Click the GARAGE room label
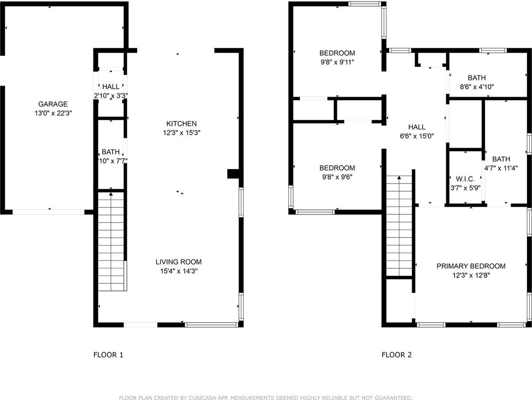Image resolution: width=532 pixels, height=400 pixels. coord(53,104)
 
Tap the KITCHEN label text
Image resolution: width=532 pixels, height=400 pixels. coord(182,124)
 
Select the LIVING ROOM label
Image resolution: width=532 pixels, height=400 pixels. coord(179,262)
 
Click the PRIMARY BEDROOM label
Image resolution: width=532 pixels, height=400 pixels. coord(471,266)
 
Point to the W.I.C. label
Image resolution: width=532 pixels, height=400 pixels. coord(465,179)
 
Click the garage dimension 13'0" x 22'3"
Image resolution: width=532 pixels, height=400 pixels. coord(53,113)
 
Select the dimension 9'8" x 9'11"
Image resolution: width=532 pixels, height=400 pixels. coord(337,62)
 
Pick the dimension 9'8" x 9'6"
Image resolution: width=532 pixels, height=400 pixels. coord(337,177)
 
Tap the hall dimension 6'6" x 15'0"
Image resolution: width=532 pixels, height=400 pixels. coord(416,136)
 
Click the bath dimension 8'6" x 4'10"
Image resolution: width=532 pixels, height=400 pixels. coord(477,87)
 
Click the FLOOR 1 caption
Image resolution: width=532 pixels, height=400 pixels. coord(108,355)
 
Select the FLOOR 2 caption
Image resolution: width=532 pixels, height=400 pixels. coord(396,355)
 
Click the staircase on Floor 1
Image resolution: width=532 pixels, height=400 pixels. coord(111,242)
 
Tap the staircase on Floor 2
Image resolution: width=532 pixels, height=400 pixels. coord(399,227)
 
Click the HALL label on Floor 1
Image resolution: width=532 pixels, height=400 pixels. coord(111,87)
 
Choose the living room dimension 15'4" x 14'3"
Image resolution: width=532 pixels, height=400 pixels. coord(179,271)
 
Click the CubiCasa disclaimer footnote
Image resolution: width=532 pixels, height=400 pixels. coord(266,398)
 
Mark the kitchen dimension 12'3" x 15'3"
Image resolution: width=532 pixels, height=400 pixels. coord(182,133)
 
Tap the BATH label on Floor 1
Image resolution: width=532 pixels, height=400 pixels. coord(111,152)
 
